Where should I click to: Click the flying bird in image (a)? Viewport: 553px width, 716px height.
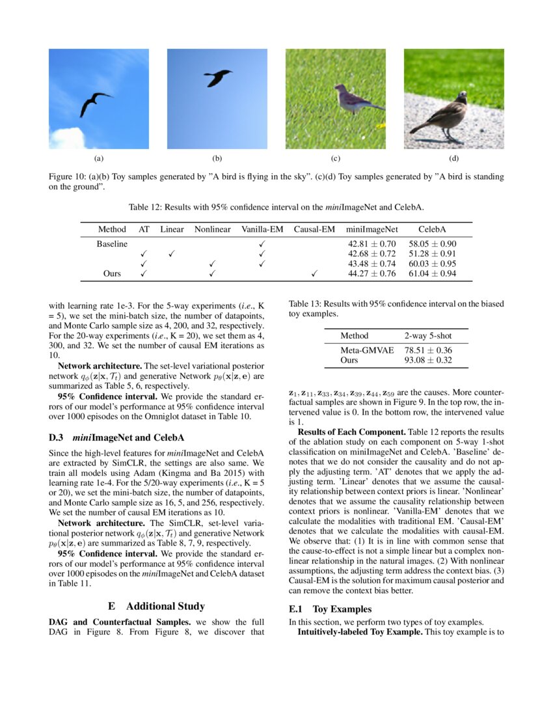[x=95, y=103]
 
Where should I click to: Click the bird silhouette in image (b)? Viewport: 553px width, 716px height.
[x=217, y=77]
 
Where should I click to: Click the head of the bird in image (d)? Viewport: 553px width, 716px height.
[x=461, y=96]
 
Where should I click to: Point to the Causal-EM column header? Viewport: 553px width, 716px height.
[x=314, y=229]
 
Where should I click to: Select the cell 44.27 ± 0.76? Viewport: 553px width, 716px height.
[x=372, y=274]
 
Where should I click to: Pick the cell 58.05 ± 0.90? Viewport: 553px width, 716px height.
[x=432, y=243]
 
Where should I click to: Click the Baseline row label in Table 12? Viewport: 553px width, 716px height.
[x=112, y=243]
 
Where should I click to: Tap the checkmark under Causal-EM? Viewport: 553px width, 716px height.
[x=314, y=274]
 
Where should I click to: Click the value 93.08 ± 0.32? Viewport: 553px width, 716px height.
[x=428, y=360]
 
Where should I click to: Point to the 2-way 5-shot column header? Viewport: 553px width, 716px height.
[x=427, y=336]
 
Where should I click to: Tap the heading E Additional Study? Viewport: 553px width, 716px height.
[x=156, y=606]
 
